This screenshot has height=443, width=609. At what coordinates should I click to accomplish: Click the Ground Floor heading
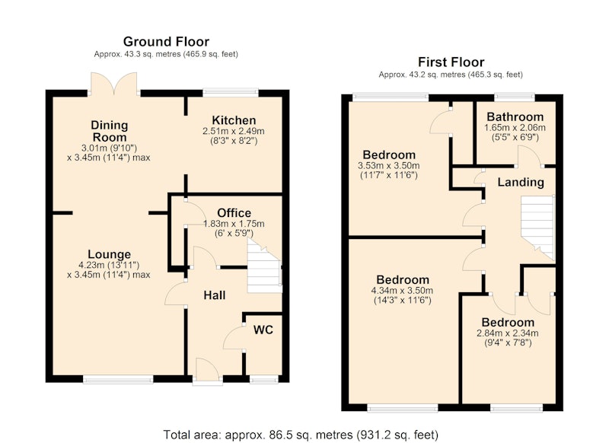tap(166, 42)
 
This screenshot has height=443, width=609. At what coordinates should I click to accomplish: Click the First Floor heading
tap(451, 62)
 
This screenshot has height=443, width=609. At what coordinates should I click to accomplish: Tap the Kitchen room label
tap(234, 120)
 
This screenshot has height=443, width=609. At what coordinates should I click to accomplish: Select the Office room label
tap(234, 213)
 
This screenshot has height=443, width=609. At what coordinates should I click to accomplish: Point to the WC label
tap(263, 330)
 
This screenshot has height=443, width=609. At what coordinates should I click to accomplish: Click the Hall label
tap(215, 295)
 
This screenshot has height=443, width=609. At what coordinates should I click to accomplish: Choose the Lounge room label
tap(109, 254)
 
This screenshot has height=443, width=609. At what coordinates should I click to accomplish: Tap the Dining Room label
tap(109, 131)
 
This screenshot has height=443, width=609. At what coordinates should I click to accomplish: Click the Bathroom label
tap(515, 117)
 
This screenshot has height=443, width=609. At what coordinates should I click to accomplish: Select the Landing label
tap(521, 182)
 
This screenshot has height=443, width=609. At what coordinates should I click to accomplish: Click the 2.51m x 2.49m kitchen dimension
tap(234, 131)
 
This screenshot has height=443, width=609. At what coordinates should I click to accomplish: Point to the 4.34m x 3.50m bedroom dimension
tap(403, 291)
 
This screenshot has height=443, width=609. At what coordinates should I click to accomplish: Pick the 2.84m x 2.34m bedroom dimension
tap(508, 333)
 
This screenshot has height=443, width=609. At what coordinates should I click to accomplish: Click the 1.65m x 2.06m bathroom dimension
tap(515, 128)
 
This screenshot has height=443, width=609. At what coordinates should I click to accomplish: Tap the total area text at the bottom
tap(301, 435)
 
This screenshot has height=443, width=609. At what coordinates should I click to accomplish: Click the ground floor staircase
tap(264, 266)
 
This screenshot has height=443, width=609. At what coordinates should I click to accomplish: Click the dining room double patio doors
tap(113, 84)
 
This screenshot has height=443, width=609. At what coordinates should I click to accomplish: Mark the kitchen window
tap(231, 93)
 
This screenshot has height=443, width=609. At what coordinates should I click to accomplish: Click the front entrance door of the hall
tap(208, 371)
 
